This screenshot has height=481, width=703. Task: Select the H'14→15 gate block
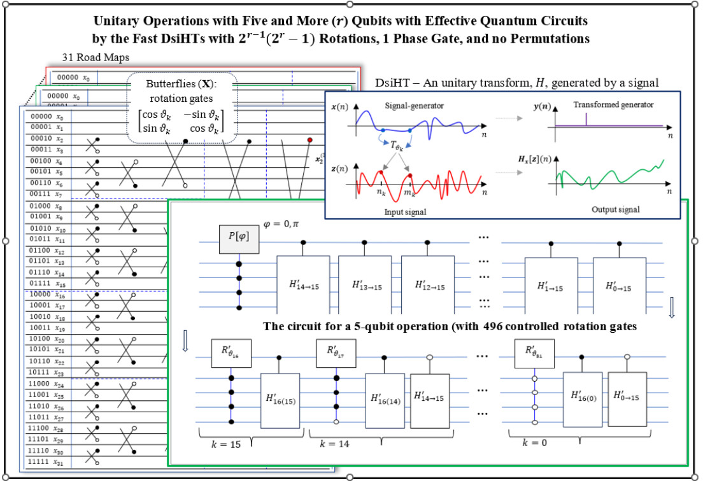click(x=303, y=284)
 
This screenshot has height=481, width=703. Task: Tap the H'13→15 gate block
click(x=366, y=284)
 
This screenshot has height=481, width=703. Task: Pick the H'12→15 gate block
click(x=428, y=284)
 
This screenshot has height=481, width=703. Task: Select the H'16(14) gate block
click(x=385, y=400)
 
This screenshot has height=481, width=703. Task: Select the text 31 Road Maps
click(x=96, y=58)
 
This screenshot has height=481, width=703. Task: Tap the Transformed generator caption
click(x=614, y=104)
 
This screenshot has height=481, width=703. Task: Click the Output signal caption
click(x=616, y=209)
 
